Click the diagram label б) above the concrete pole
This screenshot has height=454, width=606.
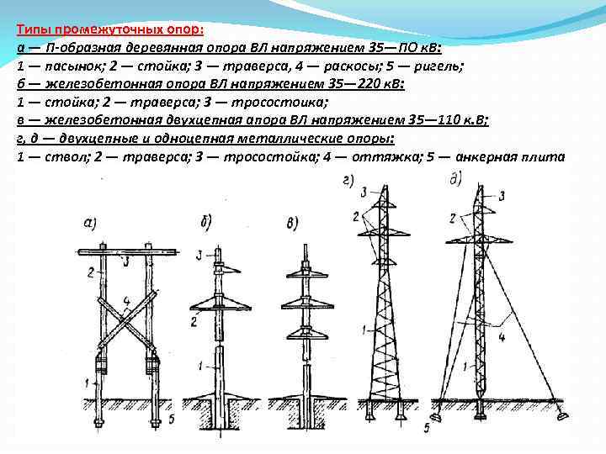(205, 221)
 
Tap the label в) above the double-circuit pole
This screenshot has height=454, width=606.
(293, 223)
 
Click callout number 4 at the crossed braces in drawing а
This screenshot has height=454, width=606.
(125, 298)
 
